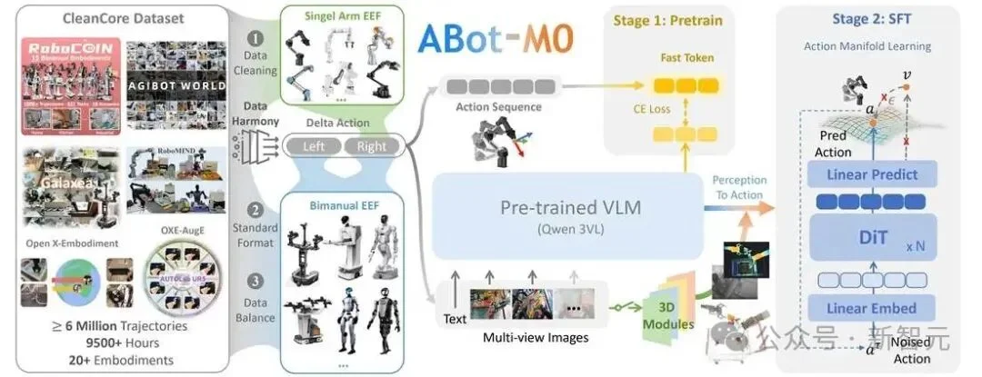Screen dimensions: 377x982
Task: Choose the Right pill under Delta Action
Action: click(371, 145)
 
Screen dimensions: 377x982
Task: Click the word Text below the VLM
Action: click(455, 319)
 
